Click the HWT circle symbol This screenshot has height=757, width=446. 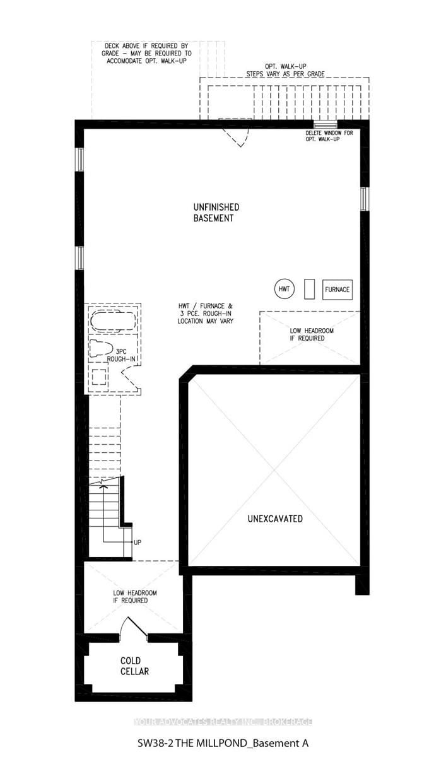tap(285, 289)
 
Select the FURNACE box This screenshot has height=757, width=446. tap(337, 290)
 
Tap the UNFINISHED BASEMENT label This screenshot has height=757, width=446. tap(216, 213)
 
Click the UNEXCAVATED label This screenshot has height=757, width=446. tap(274, 519)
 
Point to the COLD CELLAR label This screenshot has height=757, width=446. tap(134, 666)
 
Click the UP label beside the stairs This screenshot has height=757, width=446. tap(138, 542)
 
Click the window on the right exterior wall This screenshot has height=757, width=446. tap(363, 198)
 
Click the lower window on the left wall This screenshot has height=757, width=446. tap(79, 257)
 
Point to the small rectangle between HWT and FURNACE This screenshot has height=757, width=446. tap(309, 289)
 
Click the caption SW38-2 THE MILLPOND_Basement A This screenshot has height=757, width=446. tap(223, 743)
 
